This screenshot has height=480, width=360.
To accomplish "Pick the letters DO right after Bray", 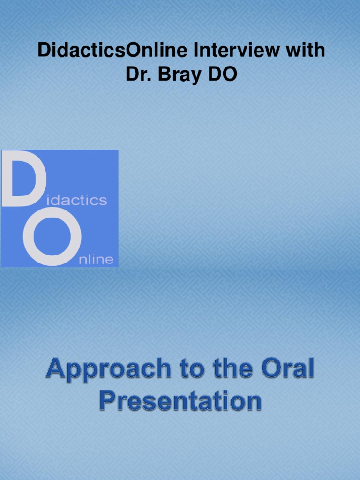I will tap(221, 75).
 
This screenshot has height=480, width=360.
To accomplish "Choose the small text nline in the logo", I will tap(96, 259).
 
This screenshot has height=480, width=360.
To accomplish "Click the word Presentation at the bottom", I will tap(180, 401).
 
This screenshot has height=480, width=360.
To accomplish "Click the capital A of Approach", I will tap(56, 369).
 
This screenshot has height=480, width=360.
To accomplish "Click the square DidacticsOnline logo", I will tap(60, 208).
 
